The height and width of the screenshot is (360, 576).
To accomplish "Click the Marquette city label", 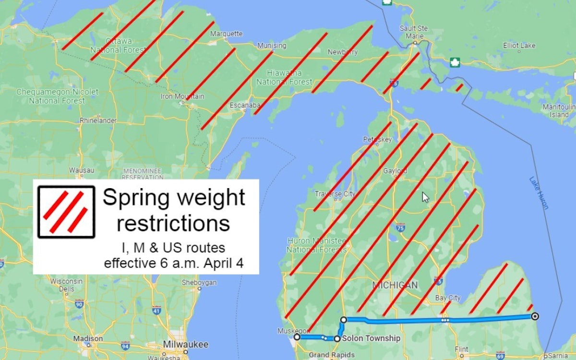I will [227, 34].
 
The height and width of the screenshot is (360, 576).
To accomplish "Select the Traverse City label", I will [335, 194].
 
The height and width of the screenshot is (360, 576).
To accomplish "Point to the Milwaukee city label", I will [186, 345].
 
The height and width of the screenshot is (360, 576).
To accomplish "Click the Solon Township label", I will [371, 338].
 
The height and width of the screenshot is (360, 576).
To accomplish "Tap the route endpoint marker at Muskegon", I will [297, 337].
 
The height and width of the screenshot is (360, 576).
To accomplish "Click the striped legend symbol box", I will [66, 212].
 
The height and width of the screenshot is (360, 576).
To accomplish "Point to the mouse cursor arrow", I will [425, 197].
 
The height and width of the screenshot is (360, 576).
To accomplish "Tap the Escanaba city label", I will [245, 105].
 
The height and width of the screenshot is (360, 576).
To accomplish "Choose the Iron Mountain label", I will [182, 96].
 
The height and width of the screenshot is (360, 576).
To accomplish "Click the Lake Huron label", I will [538, 192].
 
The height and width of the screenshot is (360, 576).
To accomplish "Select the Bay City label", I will [447, 298].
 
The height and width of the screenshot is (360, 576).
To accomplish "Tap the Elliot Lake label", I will [519, 46].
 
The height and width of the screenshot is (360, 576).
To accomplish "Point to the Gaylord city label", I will [395, 171].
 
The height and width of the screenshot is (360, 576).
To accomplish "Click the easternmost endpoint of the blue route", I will [535, 316].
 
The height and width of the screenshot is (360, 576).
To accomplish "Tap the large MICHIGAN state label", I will [395, 285].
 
